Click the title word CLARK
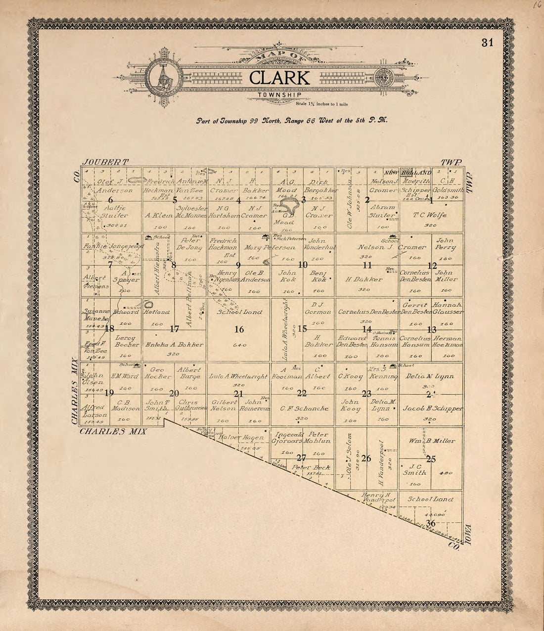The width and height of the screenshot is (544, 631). (279, 78)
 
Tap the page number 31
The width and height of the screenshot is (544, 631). (487, 43)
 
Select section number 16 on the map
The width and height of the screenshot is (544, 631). (239, 329)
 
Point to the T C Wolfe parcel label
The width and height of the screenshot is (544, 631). (430, 215)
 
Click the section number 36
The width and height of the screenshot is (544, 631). (430, 524)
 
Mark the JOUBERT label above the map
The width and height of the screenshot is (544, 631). (106, 162)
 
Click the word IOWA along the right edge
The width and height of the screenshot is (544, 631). (469, 535)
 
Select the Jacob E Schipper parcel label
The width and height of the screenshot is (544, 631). (433, 409)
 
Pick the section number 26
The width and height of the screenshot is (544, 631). (366, 458)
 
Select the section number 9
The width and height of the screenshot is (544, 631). (238, 265)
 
